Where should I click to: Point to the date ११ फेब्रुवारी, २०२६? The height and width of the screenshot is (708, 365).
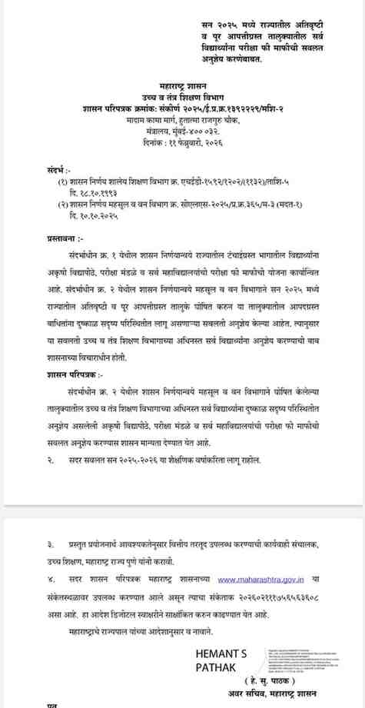coord(184,143)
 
